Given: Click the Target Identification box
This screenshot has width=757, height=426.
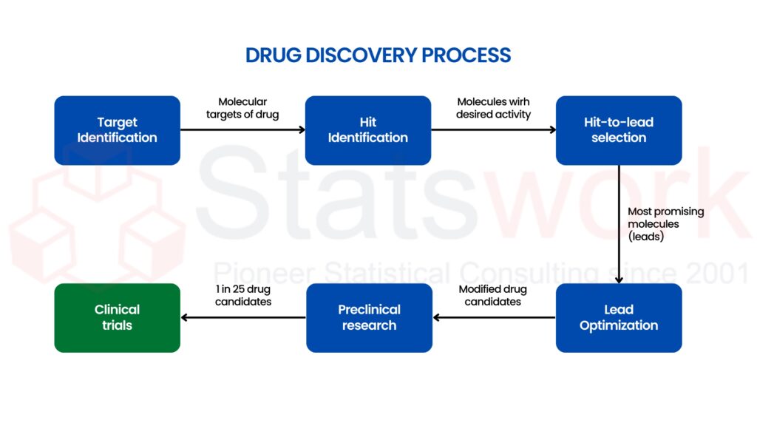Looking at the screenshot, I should coord(117,130).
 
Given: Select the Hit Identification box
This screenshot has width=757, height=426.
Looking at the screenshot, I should coord(367,130).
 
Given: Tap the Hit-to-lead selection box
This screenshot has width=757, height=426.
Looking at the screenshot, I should coord(618,130).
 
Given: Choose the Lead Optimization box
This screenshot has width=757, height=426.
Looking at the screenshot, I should coord(618,317).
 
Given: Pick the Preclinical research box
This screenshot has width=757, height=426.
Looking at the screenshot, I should coord(369,317).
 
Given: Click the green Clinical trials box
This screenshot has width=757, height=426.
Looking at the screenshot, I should coord(117,317).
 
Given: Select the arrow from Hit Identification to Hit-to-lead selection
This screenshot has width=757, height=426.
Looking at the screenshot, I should coord(493,130).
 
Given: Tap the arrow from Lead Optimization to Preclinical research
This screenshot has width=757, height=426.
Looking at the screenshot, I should coord(494,318).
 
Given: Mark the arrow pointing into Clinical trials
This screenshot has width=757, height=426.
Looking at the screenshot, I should coord(243,318).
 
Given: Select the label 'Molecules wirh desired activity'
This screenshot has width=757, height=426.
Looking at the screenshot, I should coord(493,108).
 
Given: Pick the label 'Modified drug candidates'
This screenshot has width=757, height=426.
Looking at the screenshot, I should coord(489,295).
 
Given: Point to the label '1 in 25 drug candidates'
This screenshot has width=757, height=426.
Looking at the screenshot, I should coord(243,295).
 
